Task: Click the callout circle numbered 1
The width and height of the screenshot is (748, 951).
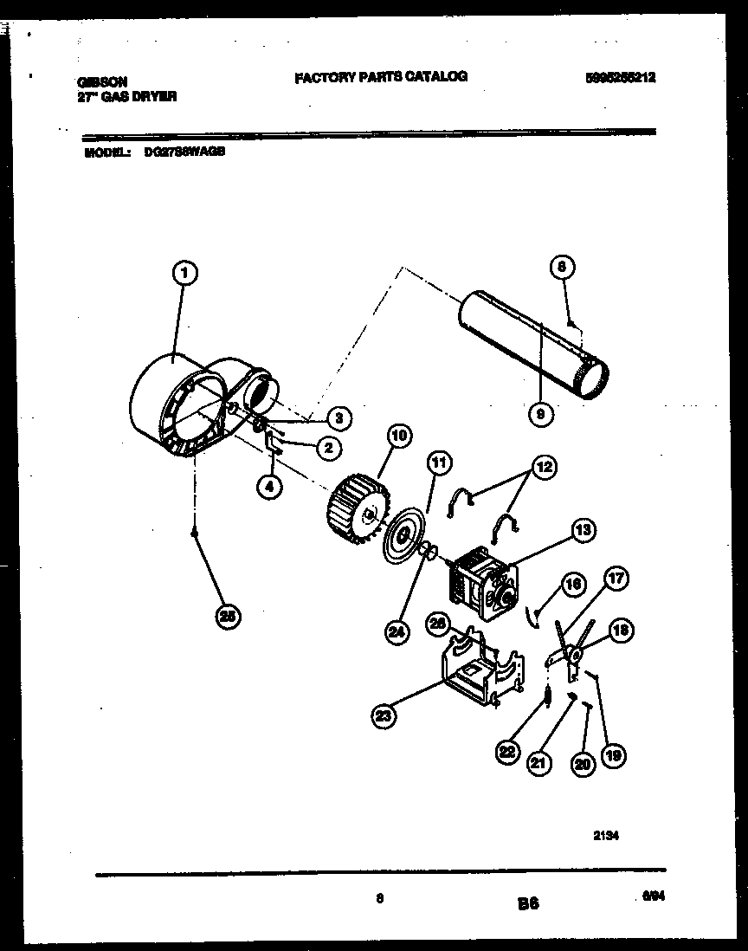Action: pos(184,275)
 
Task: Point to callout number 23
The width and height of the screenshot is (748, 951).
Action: pos(384,715)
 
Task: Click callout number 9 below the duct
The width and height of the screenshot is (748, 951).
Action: pos(540,415)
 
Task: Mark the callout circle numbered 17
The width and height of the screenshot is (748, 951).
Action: pos(617,580)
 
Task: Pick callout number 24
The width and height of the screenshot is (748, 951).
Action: pos(396,632)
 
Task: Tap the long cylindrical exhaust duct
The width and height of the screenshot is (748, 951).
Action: pos(532,344)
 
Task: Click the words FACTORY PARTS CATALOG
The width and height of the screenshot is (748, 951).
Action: pos(381,76)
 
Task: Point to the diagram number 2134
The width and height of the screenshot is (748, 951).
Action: pos(606,836)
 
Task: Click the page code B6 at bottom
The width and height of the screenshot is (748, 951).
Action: pos(528,903)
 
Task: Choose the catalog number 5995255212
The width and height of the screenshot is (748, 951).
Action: pos(620,77)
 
